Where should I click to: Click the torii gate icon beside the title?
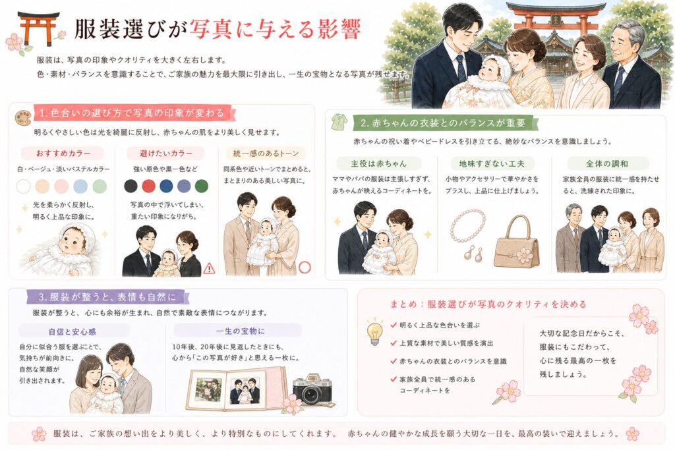click(x=38, y=28)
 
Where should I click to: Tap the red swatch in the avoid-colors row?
click(x=148, y=186)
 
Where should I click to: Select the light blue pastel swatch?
click(x=80, y=186)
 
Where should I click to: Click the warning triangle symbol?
click(x=209, y=269)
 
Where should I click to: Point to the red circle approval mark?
click(x=305, y=267)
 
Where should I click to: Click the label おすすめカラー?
click(x=63, y=153)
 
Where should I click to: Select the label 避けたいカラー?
click(x=165, y=153)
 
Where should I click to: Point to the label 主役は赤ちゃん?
click(x=378, y=163)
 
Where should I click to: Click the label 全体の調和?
click(x=607, y=163)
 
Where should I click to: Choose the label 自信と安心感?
click(x=72, y=331)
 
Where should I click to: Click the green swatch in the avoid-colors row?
click(x=202, y=186)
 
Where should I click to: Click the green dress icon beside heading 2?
click(x=339, y=122)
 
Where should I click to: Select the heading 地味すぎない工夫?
click(x=492, y=163)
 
